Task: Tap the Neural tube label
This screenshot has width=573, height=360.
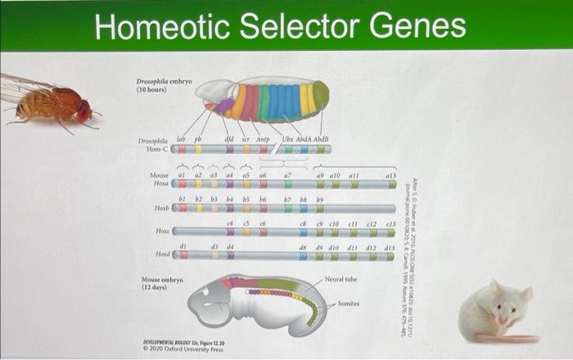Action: [340, 279]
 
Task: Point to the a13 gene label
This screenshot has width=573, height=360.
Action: [390, 175]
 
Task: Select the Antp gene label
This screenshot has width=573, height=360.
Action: [263, 140]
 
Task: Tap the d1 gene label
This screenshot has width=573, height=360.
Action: [183, 245]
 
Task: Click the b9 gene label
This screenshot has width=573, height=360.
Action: [320, 199]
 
